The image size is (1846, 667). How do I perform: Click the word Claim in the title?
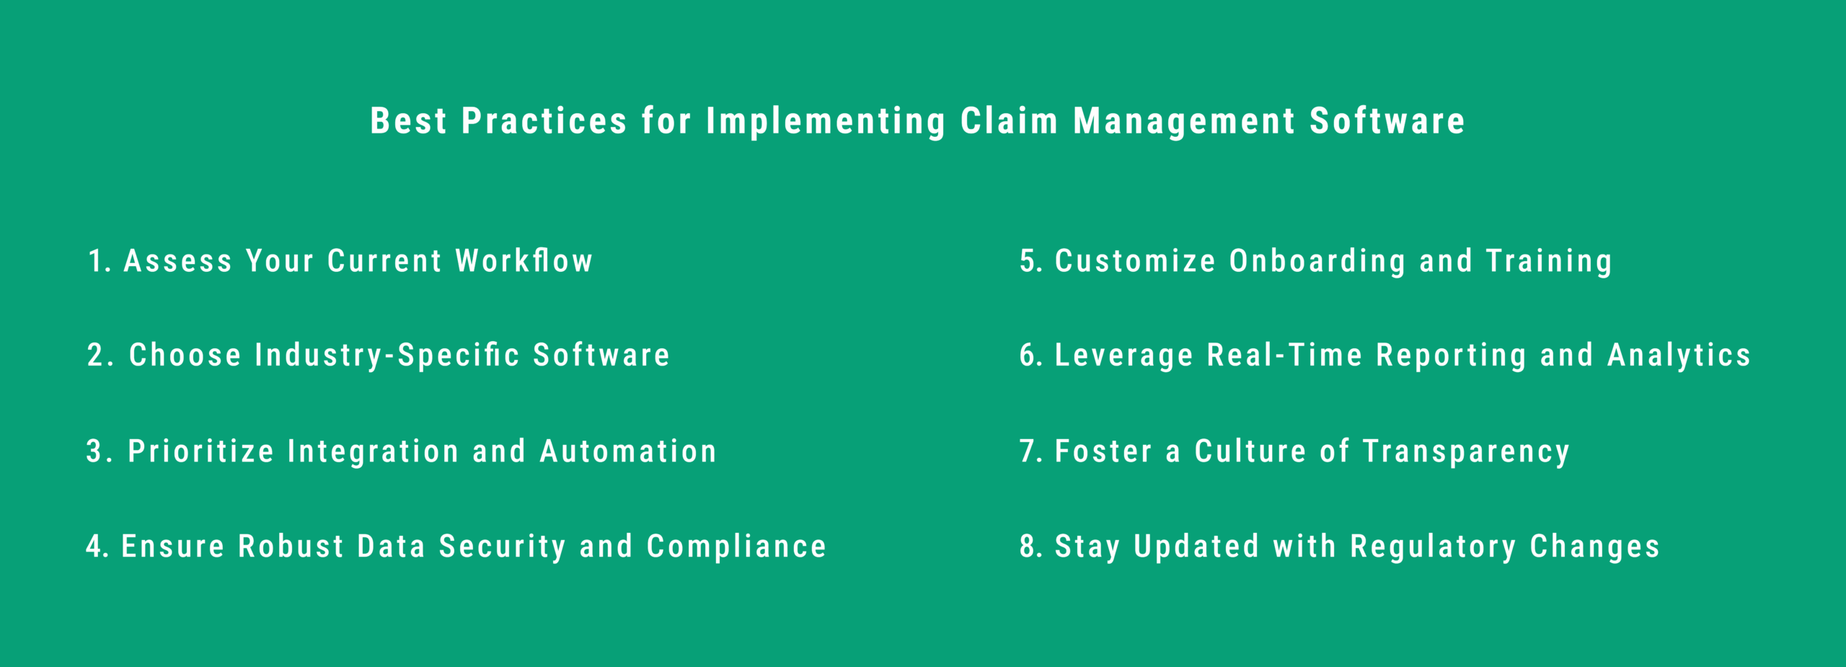pyautogui.click(x=1009, y=120)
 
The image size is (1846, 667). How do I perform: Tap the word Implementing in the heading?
pyautogui.click(x=826, y=120)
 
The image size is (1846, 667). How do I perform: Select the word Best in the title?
pyautogui.click(x=408, y=120)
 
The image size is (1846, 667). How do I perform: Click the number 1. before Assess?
pyautogui.click(x=100, y=261)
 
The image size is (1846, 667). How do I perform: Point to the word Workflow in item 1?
pyautogui.click(x=524, y=261)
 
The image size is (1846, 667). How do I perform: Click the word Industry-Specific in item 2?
pyautogui.click(x=387, y=355)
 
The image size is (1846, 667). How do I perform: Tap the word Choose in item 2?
pyautogui.click(x=185, y=355)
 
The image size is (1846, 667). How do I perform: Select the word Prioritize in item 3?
pyautogui.click(x=201, y=451)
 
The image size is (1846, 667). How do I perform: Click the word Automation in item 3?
pyautogui.click(x=628, y=451)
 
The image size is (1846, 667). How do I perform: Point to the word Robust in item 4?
pyautogui.click(x=291, y=547)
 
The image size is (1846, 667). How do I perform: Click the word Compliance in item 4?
pyautogui.click(x=736, y=547)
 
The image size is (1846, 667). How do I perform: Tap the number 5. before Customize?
pyautogui.click(x=1031, y=261)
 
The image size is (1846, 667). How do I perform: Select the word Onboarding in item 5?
pyautogui.click(x=1317, y=261)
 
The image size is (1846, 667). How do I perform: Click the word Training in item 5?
pyautogui.click(x=1549, y=261)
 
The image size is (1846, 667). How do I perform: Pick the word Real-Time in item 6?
pyautogui.click(x=1285, y=355)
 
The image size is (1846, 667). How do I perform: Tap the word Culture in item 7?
pyautogui.click(x=1250, y=451)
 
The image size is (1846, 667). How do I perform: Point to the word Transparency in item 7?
pyautogui.click(x=1466, y=451)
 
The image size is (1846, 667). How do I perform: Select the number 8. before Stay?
pyautogui.click(x=1031, y=547)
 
